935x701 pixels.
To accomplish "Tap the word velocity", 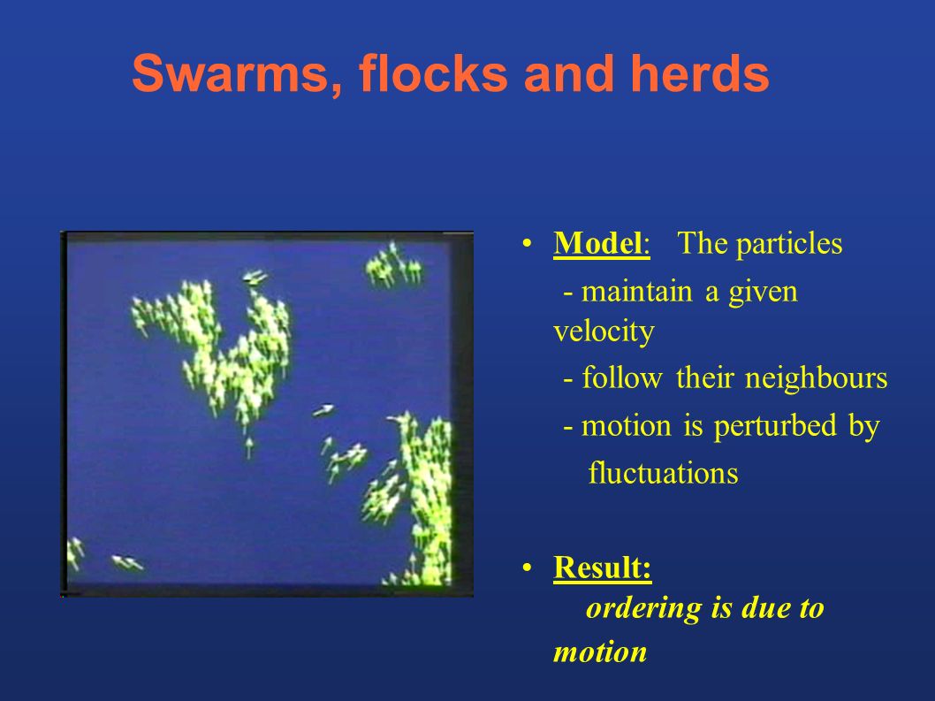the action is pos(604,332).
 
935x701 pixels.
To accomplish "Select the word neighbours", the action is pos(816,378).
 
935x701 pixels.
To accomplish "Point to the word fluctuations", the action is pos(663,474).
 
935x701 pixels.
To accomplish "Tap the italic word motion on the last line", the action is pos(600,652).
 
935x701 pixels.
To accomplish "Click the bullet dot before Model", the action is pos(527,244).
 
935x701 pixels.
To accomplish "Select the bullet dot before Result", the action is pos(527,568).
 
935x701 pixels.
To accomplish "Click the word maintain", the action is pos(636,293).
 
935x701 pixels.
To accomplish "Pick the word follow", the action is pos(621,378).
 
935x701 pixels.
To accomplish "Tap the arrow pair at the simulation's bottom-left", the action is pos(127,562).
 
